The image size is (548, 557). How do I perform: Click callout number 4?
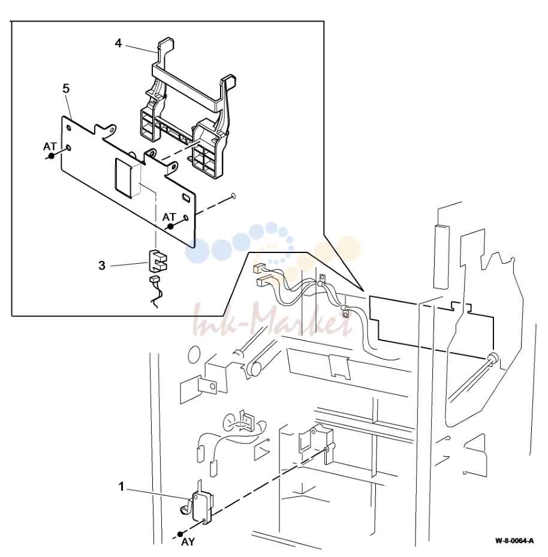coord(118,43)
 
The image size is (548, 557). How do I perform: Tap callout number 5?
coord(66,89)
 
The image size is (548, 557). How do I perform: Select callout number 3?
coord(102,266)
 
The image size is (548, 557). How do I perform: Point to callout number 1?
coord(122,486)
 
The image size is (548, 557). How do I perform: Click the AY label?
coord(188,542)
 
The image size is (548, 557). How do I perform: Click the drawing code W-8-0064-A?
coord(514,541)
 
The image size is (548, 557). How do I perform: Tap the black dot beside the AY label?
coord(180,534)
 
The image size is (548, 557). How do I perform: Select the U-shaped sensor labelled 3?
coord(158,261)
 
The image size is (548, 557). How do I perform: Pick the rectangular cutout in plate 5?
coord(124,177)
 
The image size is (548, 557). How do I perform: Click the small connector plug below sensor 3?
coord(155,279)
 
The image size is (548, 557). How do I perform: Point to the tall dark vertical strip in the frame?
coord(441,257)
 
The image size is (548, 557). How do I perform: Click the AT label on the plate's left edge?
coord(50,146)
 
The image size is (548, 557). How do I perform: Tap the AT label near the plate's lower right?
coord(169,216)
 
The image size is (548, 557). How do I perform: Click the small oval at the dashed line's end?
coord(233,195)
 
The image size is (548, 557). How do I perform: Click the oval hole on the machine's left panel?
coord(194,354)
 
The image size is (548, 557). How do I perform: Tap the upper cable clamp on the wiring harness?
coord(322,280)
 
